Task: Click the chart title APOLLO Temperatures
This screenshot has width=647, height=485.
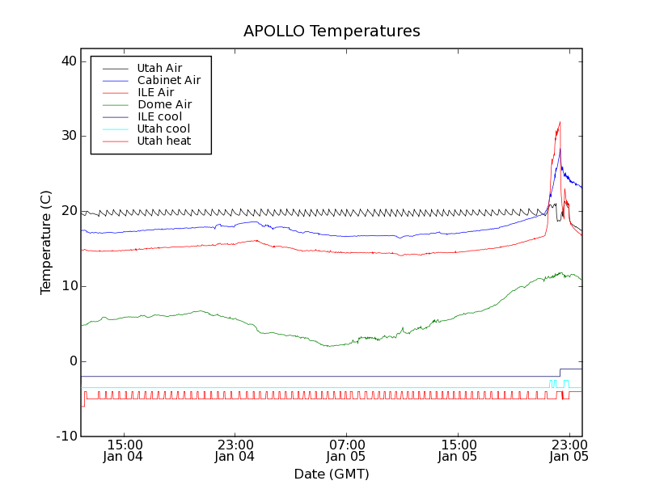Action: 332,32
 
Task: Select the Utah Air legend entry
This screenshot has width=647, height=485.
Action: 159,68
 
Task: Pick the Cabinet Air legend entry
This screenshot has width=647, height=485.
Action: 168,80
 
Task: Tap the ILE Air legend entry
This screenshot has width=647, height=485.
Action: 155,92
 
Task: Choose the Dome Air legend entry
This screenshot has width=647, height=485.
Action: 164,104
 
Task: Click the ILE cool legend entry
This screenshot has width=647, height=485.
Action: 159,116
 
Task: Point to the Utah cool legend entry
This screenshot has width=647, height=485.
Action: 163,129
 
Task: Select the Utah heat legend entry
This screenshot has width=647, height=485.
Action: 163,141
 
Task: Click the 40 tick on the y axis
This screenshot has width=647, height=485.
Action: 67,61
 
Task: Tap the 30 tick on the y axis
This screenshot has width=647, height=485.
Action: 67,136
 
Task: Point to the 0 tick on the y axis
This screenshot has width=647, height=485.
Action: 72,361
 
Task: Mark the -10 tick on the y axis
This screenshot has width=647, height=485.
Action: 65,436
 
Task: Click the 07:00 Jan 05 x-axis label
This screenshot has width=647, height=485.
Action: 347,450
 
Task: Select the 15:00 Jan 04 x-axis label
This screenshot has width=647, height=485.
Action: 125,450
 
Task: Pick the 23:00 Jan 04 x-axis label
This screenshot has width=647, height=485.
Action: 235,450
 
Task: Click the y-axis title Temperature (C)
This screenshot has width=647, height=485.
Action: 46,242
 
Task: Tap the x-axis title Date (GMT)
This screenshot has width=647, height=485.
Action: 332,474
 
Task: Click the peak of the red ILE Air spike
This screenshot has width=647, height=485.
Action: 560,122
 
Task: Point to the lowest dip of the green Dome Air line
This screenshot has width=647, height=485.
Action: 328,346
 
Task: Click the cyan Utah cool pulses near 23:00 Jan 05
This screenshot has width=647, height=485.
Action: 553,382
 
